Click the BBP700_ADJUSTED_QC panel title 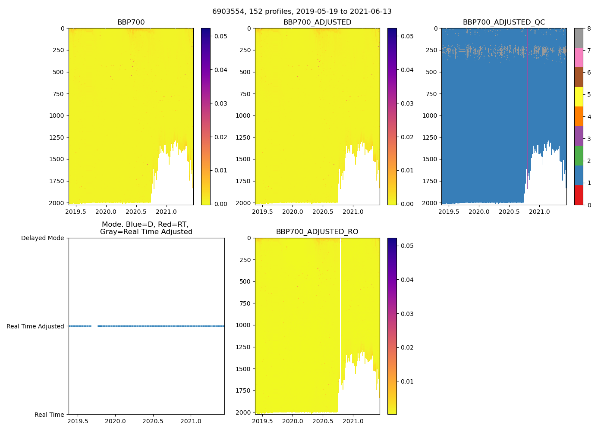(x=503, y=22)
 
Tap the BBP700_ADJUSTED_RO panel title (x=317, y=232)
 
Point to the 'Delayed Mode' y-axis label (x=42, y=238)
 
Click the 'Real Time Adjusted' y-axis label (x=35, y=326)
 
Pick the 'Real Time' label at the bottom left (x=49, y=415)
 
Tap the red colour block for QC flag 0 (x=579, y=195)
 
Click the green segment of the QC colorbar (x=579, y=156)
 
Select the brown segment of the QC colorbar (x=579, y=77)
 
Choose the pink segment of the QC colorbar (x=579, y=57)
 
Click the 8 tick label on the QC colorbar (x=589, y=29)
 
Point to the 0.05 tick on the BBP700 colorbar (x=221, y=36)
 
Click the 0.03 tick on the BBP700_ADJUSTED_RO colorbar (x=407, y=314)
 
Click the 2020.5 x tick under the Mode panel (x=153, y=421)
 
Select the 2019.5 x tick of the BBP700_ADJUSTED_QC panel (x=449, y=212)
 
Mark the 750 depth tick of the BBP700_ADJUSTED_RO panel (x=244, y=303)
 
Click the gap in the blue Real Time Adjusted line (x=94, y=326)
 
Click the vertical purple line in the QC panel (x=527, y=108)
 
